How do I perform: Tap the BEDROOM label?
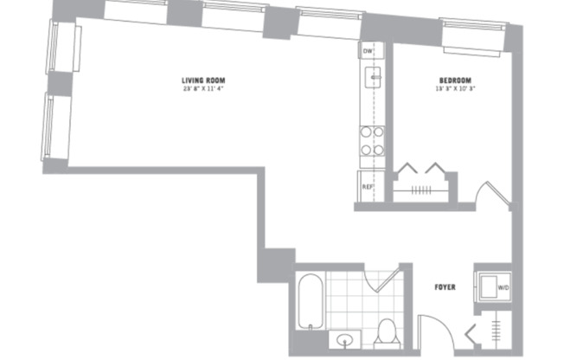point(453,80)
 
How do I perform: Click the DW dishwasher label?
point(368,52)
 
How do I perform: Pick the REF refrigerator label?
point(367,186)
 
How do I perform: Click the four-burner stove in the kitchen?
point(372,141)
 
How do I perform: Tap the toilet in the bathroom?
point(388,330)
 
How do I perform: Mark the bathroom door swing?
point(381,279)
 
